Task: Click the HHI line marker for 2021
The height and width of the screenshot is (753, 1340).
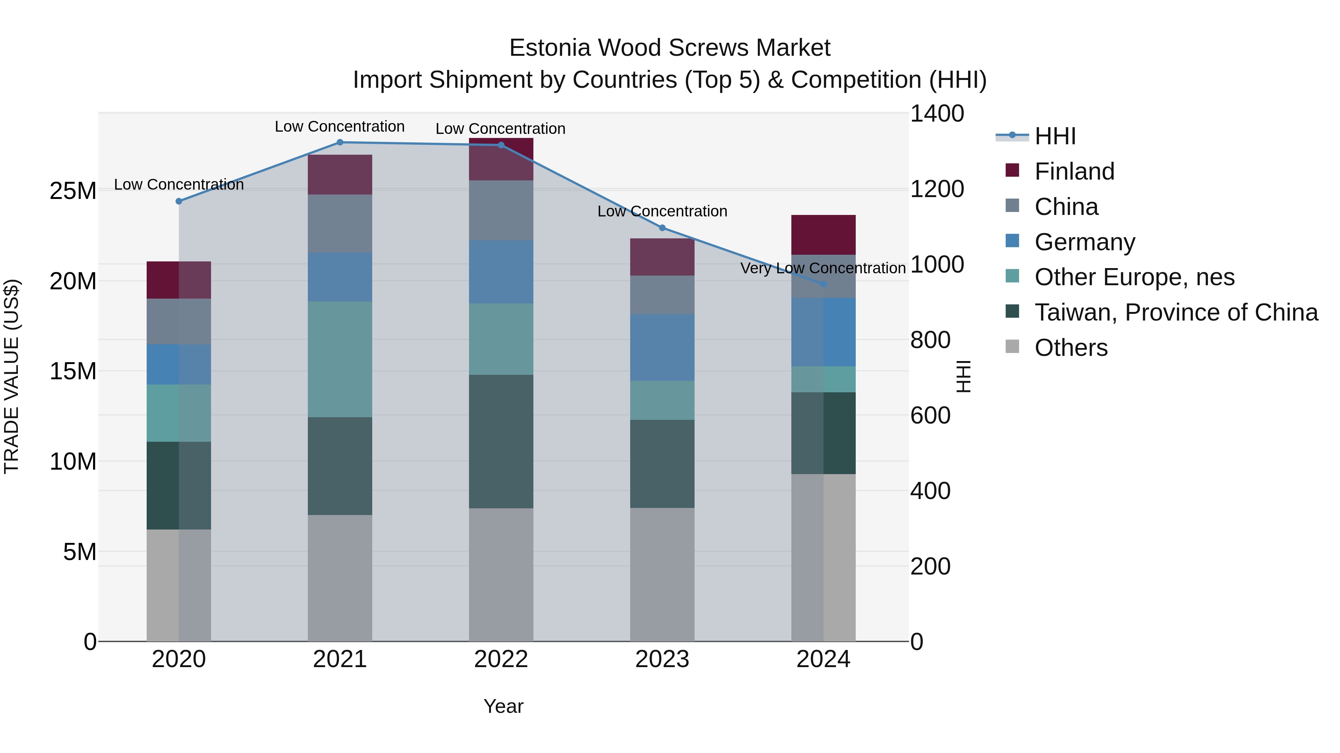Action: pos(340,142)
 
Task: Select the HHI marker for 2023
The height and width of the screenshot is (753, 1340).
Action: pos(662,228)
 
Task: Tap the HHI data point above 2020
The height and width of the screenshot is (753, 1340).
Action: pos(179,201)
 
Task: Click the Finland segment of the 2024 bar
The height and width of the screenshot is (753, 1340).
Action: pos(823,234)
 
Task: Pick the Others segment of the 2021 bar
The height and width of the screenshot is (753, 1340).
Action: pos(340,577)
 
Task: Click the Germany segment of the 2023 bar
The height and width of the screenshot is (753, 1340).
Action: pos(662,347)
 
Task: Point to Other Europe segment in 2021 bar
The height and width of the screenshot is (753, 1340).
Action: pos(340,359)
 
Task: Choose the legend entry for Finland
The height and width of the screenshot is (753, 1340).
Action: pos(1074,171)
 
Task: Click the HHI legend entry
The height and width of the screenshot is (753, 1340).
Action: pos(1055,136)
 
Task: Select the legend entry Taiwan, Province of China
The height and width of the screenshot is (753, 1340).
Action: pos(1175,312)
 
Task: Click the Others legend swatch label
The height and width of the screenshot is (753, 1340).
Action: pos(1071,348)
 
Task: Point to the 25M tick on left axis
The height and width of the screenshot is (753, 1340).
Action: pos(73,191)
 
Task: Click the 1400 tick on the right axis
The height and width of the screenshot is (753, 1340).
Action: pos(937,114)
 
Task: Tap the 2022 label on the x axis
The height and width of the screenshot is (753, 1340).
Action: pos(501,659)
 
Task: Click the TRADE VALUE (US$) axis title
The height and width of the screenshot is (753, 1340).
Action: pos(12,376)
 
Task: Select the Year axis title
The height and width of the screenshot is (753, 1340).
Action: pos(503,706)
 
